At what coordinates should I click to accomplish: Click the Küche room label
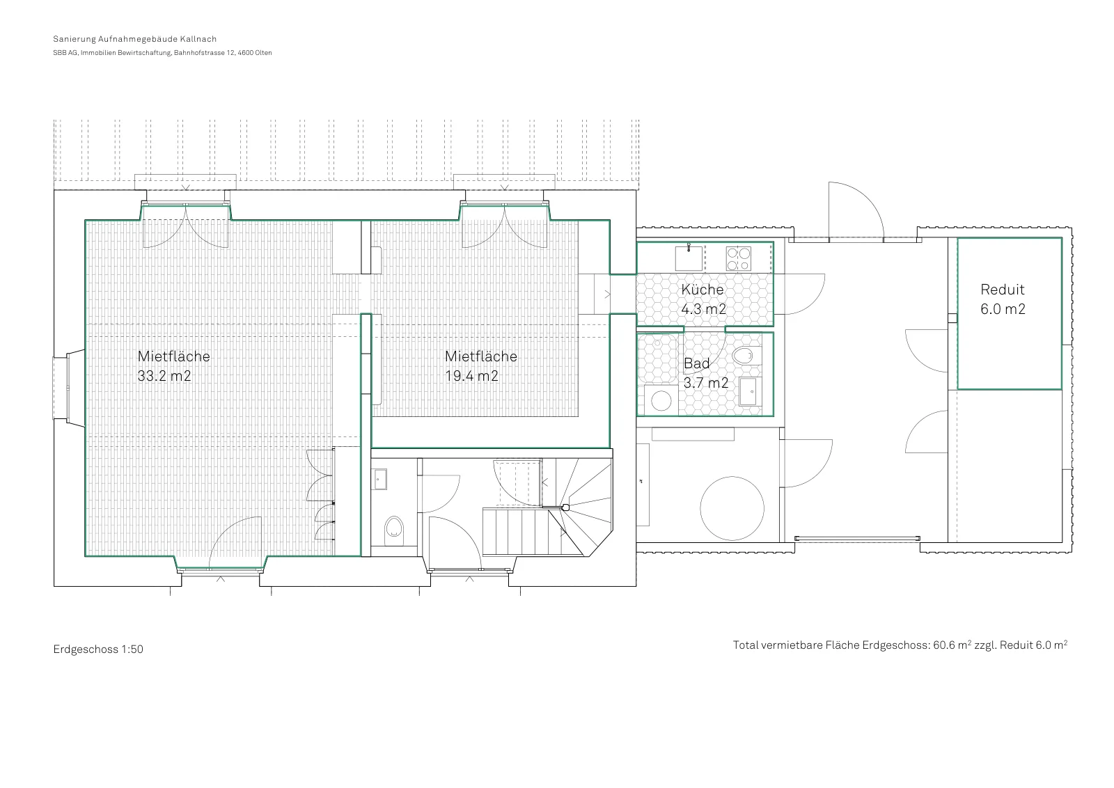point(703,290)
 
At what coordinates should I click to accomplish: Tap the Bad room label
point(696,363)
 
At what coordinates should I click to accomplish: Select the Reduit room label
point(1002,290)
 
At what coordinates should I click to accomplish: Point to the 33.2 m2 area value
point(164,376)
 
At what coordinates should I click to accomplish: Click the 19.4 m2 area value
point(471,376)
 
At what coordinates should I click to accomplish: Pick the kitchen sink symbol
point(689,258)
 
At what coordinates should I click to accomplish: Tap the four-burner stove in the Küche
point(739,258)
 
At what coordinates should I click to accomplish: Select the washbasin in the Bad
point(750,391)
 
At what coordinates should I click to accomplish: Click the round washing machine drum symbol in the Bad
point(661,401)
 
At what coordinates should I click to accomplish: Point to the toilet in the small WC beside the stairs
point(394,527)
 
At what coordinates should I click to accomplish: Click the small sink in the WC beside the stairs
point(380,479)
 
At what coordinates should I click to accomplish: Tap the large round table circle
point(732,508)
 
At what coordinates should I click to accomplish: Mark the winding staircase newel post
point(565,507)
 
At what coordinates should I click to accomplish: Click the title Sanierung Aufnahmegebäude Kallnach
point(135,39)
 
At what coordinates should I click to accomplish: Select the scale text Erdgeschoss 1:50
point(98,649)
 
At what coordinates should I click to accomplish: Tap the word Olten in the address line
point(264,53)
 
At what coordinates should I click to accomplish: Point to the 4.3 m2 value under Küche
point(703,309)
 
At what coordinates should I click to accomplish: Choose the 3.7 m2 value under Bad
point(706,383)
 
